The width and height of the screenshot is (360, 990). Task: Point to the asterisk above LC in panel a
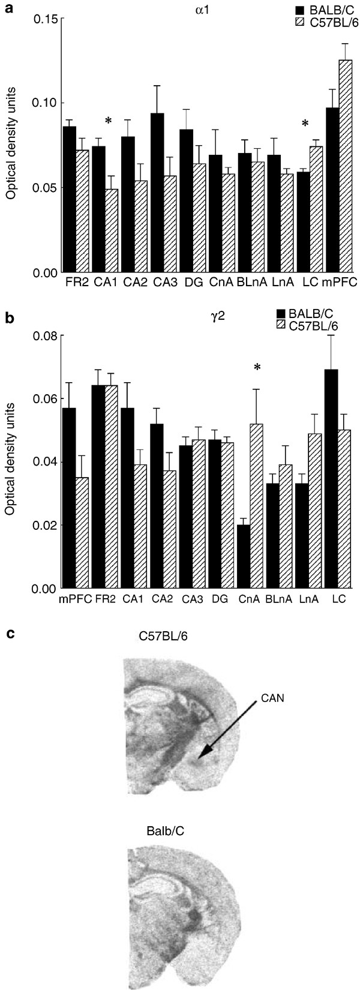point(305,124)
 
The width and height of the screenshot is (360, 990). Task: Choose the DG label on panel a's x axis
point(188,281)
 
